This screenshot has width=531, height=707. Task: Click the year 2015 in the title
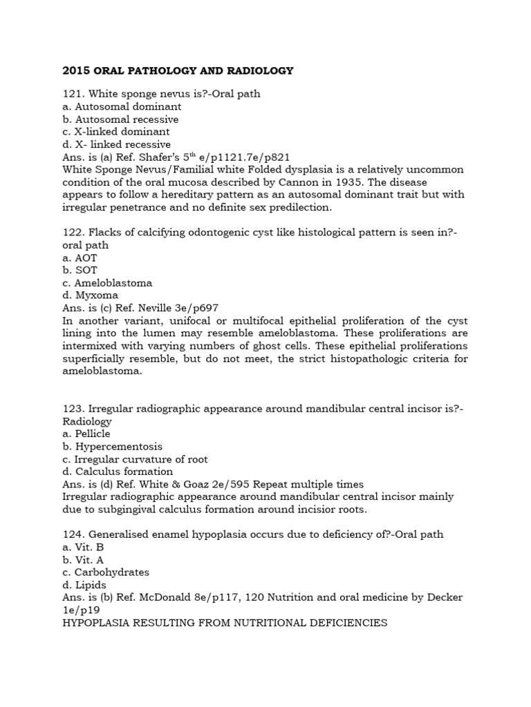pos(75,70)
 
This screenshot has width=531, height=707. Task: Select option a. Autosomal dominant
pos(122,107)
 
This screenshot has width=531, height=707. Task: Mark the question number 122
pos(72,233)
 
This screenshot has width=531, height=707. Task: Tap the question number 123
pos(72,409)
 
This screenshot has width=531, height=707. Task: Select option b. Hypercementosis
pos(112,447)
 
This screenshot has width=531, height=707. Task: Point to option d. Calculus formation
pos(118,472)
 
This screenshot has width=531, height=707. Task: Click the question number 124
pos(72,534)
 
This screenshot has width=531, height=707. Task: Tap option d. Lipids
pos(84,585)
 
